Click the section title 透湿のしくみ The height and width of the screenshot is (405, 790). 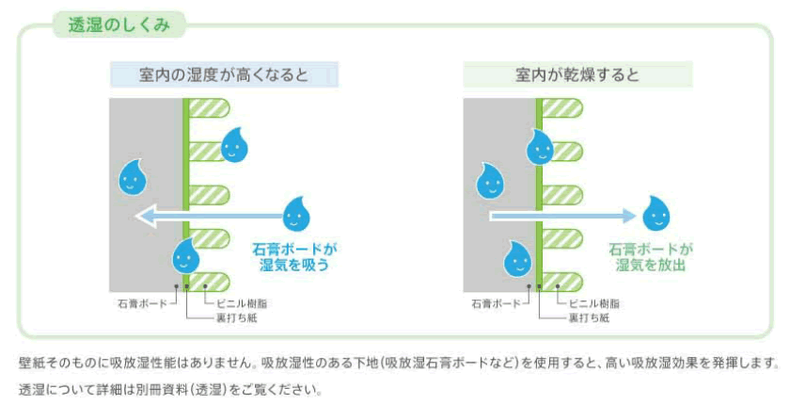119,24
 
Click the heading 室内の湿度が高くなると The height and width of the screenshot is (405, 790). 224,75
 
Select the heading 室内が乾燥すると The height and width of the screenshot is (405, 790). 577,75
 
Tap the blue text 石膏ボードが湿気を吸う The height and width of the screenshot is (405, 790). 294,257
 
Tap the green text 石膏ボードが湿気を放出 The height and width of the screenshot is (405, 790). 651,257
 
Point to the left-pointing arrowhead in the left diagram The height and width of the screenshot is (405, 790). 146,217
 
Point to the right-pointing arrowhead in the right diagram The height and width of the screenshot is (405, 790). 629,216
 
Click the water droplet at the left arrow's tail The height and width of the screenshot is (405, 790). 296,215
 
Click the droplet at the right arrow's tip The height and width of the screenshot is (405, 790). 656,214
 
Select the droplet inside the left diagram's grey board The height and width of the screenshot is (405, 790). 133,177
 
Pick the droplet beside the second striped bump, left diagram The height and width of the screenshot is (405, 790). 234,145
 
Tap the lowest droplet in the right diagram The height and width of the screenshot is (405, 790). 518,259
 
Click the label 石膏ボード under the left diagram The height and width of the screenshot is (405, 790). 143,304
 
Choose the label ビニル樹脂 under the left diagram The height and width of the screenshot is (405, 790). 242,304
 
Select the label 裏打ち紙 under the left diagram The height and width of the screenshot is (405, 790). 236,318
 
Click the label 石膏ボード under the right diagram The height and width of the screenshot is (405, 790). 497,304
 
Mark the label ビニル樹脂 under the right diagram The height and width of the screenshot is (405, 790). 594,304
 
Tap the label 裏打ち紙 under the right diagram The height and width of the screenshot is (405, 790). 589,318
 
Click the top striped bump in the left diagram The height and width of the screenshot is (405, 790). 209,108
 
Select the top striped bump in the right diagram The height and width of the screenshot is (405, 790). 562,108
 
